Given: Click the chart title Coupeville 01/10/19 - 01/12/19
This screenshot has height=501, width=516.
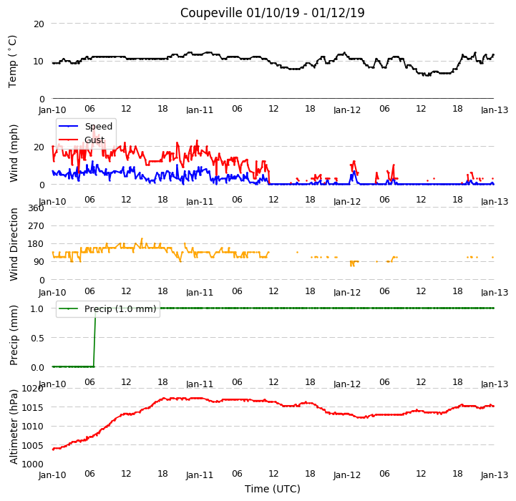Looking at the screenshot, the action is pos(273,13).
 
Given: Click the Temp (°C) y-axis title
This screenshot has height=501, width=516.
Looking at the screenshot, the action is pos(12,62).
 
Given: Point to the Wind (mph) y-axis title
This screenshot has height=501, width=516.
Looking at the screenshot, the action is pos(14,153).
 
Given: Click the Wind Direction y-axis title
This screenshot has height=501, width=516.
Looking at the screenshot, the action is pos(14,244).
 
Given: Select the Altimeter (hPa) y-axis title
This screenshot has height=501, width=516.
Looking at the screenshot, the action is pos(14,427).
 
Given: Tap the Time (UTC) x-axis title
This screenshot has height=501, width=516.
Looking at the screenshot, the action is pos(273,489).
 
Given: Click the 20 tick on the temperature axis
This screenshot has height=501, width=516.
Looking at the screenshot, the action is pos(39,24).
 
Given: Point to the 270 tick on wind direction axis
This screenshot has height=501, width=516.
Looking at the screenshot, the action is pos(36,226).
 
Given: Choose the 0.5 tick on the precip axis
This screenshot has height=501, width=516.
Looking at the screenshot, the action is pos(37,338).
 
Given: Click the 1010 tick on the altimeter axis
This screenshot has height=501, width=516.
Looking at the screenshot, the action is pos(33,427).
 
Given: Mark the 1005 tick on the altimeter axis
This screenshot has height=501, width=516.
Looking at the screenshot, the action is pos(33,445).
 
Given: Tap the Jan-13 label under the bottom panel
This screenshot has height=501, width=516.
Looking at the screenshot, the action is pos(495,475).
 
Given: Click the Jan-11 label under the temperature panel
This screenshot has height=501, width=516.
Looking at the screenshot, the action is pos(200,110).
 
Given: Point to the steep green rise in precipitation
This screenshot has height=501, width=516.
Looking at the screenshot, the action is pos(94,337).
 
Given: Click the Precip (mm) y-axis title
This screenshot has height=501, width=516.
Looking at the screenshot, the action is pos(14,335).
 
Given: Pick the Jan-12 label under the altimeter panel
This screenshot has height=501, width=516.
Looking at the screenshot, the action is pos(347,475).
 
